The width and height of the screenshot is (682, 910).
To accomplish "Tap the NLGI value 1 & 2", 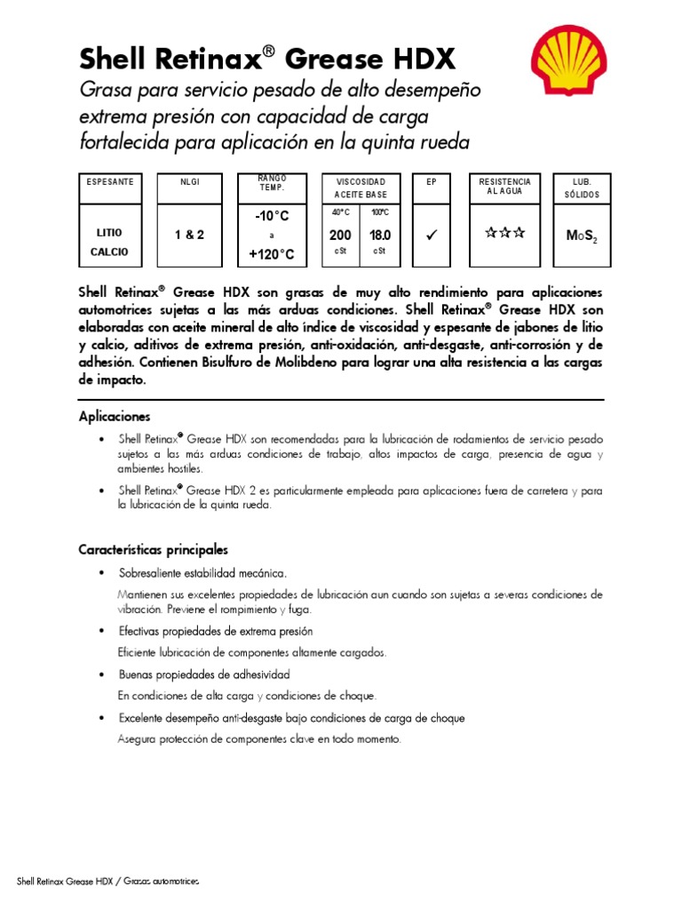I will tap(188, 235).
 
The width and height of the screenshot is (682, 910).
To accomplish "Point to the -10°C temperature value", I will tap(272, 216).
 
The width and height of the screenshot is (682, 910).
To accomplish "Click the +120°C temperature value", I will tap(272, 255).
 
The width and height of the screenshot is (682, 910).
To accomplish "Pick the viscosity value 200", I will tap(341, 235).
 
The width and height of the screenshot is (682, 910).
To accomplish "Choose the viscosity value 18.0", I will tap(380, 235).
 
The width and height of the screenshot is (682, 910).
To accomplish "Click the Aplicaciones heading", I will tap(115, 416).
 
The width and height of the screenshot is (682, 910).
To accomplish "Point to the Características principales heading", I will tap(154, 549).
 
